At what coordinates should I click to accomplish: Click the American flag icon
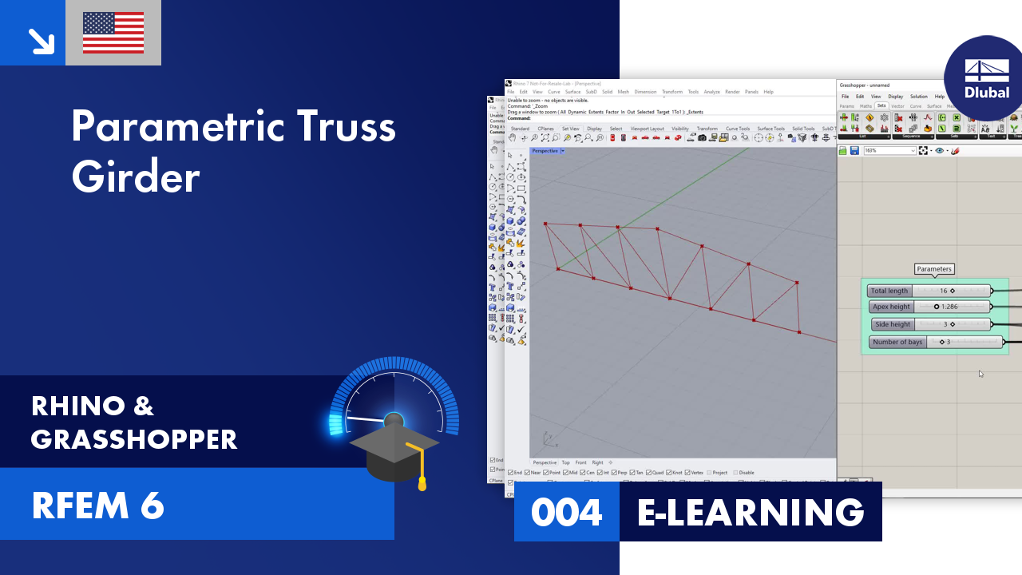[113, 33]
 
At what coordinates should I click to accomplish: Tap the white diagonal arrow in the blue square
[40, 40]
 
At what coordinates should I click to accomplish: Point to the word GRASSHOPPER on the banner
[134, 439]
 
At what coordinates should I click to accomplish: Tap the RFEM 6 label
[98, 506]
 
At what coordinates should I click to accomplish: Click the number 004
[566, 512]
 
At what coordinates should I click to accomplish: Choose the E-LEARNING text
[751, 512]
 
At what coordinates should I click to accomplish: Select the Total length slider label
[889, 291]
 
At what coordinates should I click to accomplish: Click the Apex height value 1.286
[949, 307]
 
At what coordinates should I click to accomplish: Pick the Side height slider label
[893, 324]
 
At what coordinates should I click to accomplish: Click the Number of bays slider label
[897, 342]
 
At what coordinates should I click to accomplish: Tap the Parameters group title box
[934, 269]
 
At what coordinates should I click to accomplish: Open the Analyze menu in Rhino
[711, 92]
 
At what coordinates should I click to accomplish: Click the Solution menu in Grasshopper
[919, 97]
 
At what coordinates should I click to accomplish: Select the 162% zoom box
[889, 151]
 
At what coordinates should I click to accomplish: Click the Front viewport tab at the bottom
[580, 462]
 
